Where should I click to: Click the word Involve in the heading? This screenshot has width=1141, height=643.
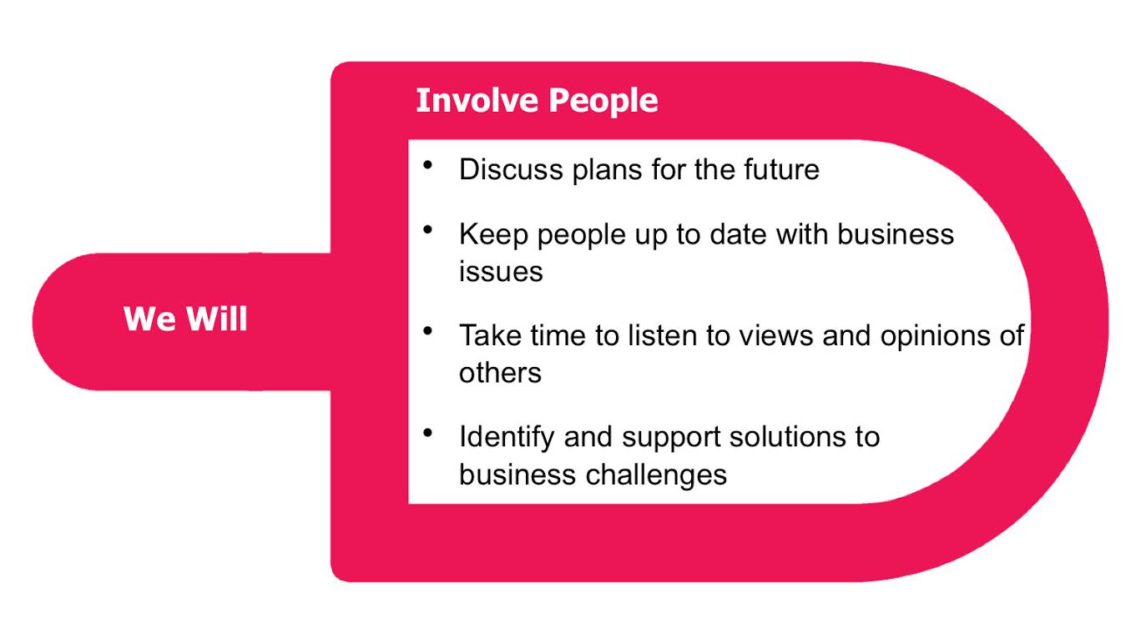click(477, 100)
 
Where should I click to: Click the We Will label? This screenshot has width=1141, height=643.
click(185, 319)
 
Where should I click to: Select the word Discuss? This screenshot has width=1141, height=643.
click(511, 169)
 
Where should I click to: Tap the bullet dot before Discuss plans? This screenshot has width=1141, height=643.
click(427, 164)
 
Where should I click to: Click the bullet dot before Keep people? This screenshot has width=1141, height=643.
click(427, 229)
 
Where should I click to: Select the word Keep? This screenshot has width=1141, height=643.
click(493, 234)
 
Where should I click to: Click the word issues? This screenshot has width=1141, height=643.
click(501, 271)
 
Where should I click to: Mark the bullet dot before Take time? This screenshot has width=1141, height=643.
click(427, 331)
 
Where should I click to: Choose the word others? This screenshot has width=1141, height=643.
click(500, 373)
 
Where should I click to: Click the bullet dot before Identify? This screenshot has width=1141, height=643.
click(427, 433)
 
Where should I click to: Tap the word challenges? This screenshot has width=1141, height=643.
click(656, 476)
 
